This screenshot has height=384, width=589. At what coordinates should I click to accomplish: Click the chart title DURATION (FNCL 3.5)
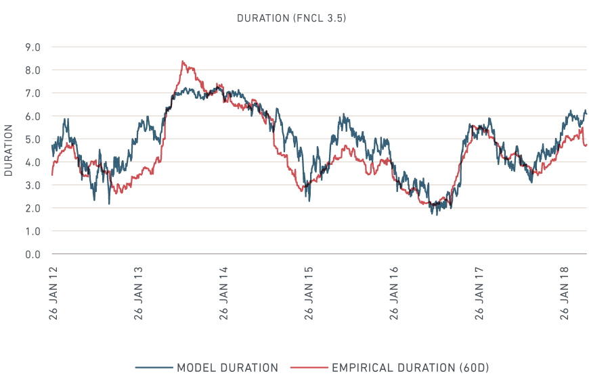(291, 18)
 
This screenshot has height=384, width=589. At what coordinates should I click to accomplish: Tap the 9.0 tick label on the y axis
(32, 47)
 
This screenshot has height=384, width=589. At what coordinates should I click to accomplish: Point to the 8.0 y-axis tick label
(32, 70)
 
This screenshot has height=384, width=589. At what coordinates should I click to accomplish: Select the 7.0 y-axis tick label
(32, 93)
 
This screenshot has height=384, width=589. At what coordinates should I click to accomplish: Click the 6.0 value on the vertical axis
(32, 116)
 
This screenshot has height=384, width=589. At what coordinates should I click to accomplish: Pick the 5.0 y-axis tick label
(32, 139)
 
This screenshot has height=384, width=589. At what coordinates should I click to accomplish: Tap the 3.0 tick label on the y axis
(32, 185)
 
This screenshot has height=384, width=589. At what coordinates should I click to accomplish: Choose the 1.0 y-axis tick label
(32, 231)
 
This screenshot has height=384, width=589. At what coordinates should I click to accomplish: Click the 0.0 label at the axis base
(32, 254)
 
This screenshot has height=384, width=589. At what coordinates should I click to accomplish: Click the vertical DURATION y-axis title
(9, 150)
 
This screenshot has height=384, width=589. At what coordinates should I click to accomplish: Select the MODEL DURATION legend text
(227, 368)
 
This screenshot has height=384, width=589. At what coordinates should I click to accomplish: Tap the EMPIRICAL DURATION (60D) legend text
(410, 368)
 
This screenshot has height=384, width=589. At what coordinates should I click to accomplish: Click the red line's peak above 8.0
(183, 62)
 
